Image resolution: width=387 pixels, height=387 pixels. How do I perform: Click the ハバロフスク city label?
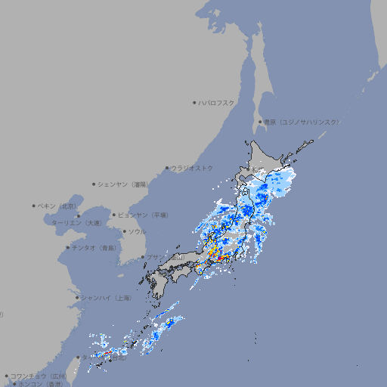[x=217, y=102]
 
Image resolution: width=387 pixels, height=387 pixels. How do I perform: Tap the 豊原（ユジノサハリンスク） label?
[x=302, y=122]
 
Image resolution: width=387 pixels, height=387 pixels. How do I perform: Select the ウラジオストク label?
[x=192, y=168]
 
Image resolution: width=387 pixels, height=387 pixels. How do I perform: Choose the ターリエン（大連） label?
[x=76, y=223]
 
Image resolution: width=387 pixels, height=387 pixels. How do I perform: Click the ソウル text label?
[x=137, y=232]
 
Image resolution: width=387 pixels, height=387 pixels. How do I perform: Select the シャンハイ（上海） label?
[x=106, y=298]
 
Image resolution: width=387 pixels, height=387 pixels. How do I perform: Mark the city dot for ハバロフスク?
[x=194, y=102]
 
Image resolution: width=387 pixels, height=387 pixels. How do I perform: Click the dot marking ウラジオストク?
[x=167, y=168]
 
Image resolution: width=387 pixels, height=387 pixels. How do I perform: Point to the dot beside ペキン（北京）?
[x=34, y=206]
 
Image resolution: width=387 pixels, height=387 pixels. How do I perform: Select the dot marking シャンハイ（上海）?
[x=77, y=298]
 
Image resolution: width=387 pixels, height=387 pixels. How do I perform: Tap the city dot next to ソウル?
[x=123, y=232]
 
